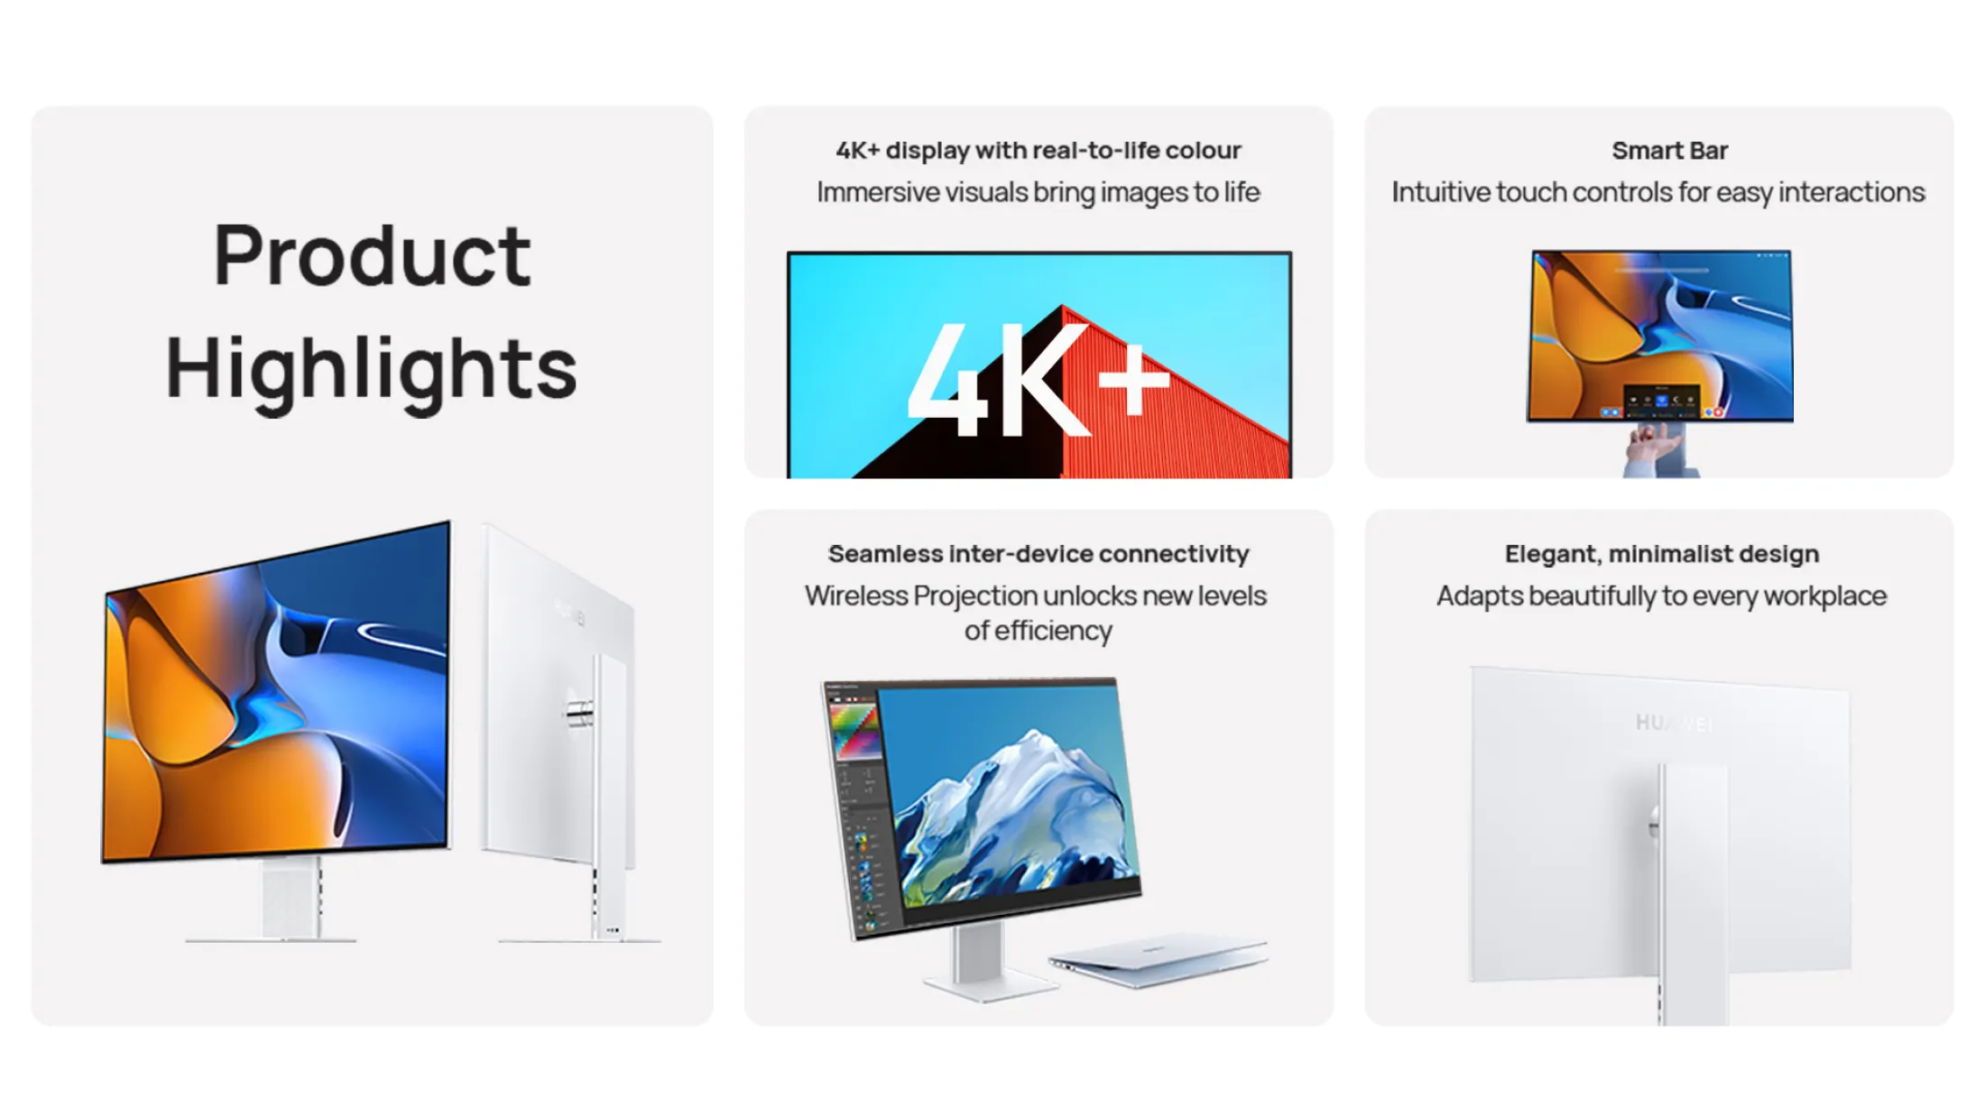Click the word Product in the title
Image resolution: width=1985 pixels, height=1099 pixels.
(372, 256)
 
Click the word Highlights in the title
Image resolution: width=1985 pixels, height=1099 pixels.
(371, 370)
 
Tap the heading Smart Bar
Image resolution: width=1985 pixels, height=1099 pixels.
(1669, 151)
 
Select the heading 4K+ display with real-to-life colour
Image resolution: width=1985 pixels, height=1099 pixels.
(1039, 151)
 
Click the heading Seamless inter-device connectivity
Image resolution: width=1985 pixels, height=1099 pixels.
(1039, 554)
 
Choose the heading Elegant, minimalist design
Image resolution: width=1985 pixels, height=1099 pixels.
(1661, 554)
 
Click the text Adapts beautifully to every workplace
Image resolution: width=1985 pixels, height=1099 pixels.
(1661, 596)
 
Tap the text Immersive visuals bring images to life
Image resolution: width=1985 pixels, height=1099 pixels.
(1039, 192)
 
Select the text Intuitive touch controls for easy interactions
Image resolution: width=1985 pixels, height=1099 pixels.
(1658, 192)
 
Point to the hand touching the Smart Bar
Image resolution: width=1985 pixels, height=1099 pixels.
(1651, 448)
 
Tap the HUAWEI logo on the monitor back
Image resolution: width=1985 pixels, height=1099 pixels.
(1675, 724)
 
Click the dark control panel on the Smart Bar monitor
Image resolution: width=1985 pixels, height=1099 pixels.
(1661, 401)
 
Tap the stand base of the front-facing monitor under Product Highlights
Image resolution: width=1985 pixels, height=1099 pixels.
(271, 939)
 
